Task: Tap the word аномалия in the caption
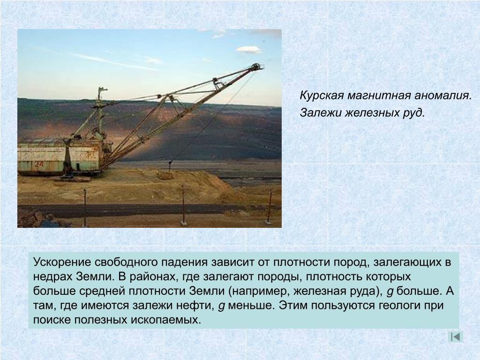pos(442,96)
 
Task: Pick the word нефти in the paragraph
pos(196,306)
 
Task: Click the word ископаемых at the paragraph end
pos(166,320)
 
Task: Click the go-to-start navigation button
pos(455,337)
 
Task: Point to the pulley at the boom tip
pos(255,67)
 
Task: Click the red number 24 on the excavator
pos(39,164)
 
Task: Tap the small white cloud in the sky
pos(248,49)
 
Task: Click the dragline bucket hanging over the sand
pos(165,175)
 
